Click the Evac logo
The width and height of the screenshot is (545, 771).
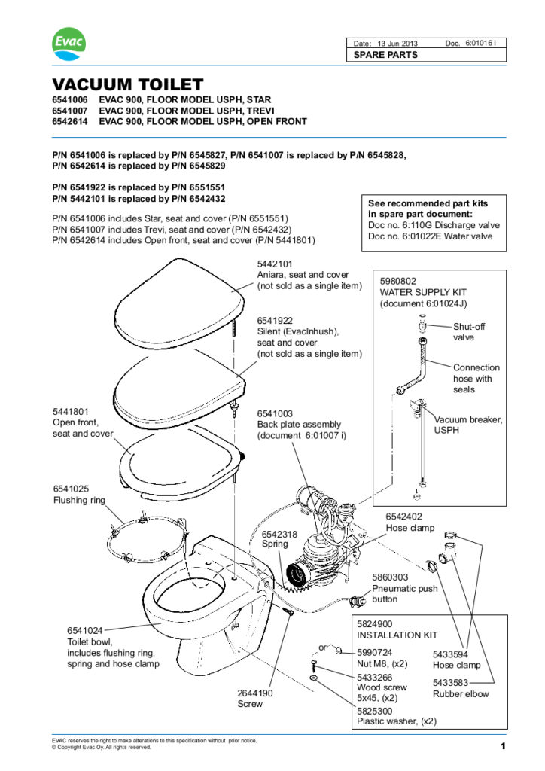69,44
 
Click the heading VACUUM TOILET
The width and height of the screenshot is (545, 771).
127,84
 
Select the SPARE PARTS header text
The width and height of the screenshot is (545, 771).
385,55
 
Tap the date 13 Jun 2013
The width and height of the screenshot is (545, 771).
396,43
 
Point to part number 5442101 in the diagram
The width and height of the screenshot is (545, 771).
276,264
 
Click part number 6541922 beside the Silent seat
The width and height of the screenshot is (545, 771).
276,321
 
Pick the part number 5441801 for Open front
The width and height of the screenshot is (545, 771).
71,412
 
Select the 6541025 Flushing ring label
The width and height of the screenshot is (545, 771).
71,489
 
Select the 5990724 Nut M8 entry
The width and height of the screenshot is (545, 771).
374,653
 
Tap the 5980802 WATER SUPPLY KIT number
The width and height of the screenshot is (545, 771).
398,281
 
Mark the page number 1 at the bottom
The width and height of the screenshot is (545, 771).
501,746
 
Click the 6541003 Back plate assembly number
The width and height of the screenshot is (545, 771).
276,413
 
